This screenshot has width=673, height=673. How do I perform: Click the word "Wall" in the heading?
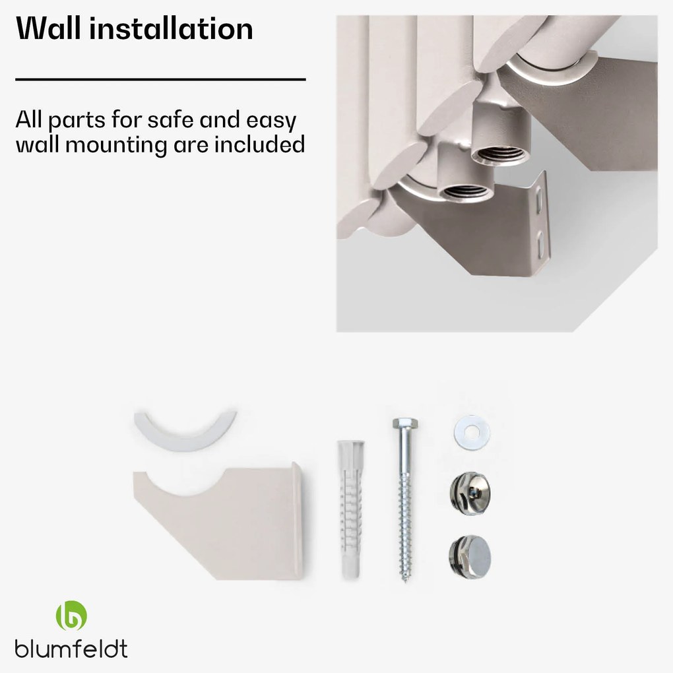pos(48,28)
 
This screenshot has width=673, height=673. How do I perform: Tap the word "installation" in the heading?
pos(172,28)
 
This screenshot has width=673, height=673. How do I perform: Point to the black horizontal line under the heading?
pos(160,79)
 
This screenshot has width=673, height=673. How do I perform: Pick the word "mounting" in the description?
pos(116,146)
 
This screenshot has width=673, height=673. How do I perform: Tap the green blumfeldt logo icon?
pos(71,615)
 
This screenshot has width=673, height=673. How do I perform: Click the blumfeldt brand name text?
pos(71,649)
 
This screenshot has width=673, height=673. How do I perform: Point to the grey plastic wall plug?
pos(351,509)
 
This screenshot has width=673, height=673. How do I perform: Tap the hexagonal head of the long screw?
pos(405,424)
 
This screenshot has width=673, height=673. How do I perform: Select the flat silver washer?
pos(472,433)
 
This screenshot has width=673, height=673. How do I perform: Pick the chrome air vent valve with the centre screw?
pos(470,494)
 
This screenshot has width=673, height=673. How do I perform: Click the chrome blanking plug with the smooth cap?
pos(470,557)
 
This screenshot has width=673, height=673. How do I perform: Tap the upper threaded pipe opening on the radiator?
pos(500,155)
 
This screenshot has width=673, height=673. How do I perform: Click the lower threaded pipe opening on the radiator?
pos(466,192)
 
